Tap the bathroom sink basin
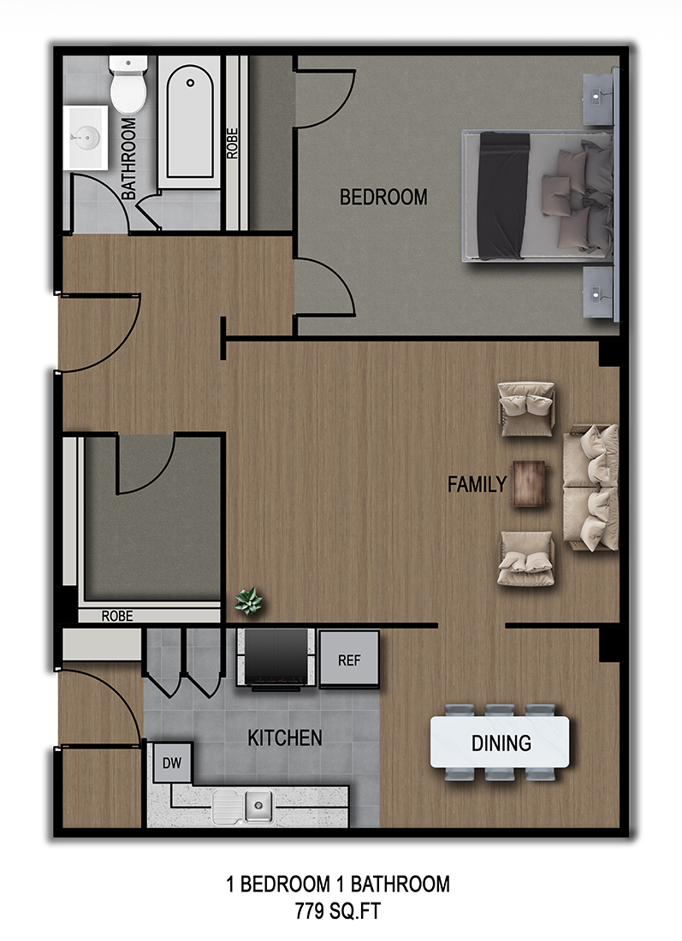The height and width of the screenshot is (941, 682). [86, 135]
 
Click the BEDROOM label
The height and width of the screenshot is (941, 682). [383, 198]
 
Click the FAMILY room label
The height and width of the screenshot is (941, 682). [477, 485]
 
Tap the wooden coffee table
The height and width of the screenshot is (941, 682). [530, 484]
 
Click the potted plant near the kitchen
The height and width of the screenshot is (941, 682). [249, 602]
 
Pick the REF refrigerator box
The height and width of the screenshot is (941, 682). [348, 660]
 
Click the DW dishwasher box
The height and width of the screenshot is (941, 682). [172, 763]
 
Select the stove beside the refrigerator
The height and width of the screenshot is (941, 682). [276, 658]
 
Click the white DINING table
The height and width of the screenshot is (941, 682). [500, 743]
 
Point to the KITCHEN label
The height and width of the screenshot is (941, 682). [285, 737]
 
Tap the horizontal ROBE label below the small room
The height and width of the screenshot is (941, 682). [117, 615]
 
